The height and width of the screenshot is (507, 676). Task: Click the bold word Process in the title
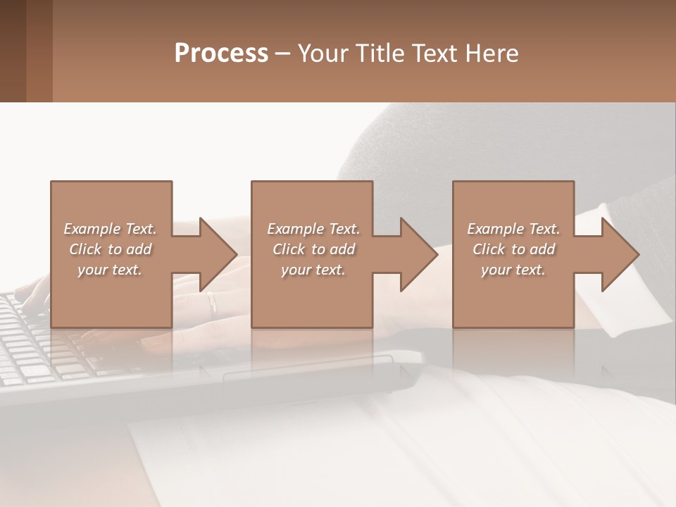[x=221, y=53]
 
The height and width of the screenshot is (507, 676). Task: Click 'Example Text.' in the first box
[x=110, y=229]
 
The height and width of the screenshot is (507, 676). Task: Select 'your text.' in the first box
[x=110, y=270]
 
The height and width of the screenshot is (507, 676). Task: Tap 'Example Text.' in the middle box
[x=313, y=229]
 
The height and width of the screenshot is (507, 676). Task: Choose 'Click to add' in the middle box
[x=313, y=249]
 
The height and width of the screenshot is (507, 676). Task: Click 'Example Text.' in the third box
[x=513, y=229]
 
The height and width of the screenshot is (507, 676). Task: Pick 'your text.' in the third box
[x=513, y=270]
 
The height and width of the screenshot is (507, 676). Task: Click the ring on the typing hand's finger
[x=212, y=301]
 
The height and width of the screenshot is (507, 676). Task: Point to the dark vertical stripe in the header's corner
[x=39, y=51]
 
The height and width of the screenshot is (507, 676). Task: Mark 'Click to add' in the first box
[x=110, y=249]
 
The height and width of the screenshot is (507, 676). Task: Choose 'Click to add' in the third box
[x=513, y=249]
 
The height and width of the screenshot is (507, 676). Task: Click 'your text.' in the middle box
[x=313, y=270]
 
